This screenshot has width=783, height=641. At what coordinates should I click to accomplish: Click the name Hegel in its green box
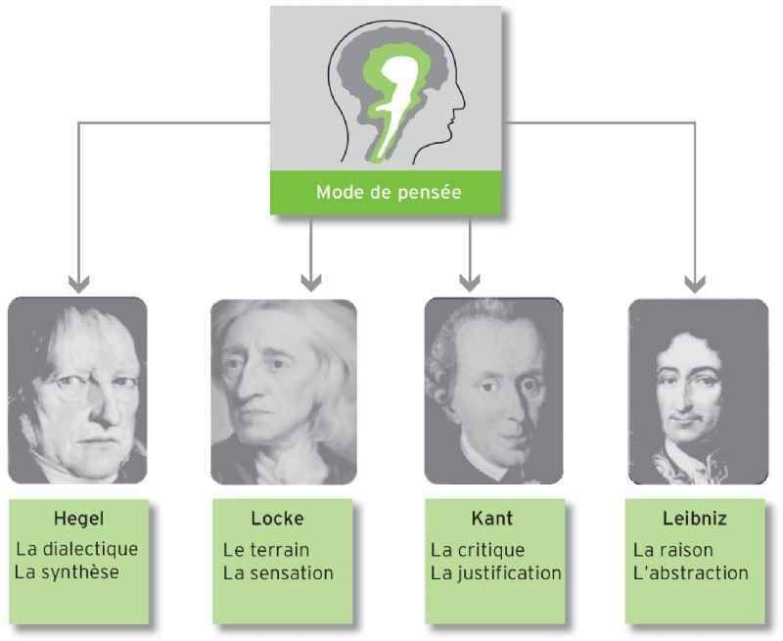[x=79, y=519]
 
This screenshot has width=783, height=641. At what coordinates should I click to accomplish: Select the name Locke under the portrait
[x=278, y=519]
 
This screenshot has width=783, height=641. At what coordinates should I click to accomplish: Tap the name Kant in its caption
[x=492, y=519]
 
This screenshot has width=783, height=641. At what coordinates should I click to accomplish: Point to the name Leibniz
[x=695, y=519]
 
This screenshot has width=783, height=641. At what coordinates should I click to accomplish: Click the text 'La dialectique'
[x=77, y=549]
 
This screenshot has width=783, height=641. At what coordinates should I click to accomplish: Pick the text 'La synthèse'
[x=67, y=572]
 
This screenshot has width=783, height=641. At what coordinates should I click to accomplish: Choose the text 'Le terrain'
[x=266, y=550]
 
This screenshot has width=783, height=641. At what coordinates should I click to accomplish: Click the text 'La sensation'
[x=278, y=572]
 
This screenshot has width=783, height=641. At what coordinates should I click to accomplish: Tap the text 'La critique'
[x=478, y=550]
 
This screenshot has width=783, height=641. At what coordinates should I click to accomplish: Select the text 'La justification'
[x=496, y=572]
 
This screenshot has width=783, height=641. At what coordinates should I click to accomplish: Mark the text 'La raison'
[x=672, y=550]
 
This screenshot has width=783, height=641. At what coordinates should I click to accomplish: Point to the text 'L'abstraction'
[x=691, y=572]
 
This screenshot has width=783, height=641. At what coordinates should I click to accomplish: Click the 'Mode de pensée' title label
[x=389, y=192]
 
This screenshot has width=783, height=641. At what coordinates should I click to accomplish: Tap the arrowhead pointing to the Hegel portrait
[x=79, y=283]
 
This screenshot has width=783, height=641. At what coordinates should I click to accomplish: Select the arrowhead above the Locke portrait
[x=311, y=282]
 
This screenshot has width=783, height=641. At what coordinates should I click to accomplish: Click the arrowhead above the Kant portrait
[x=470, y=282]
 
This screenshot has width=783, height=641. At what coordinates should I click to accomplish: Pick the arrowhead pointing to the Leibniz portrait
[x=695, y=283]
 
